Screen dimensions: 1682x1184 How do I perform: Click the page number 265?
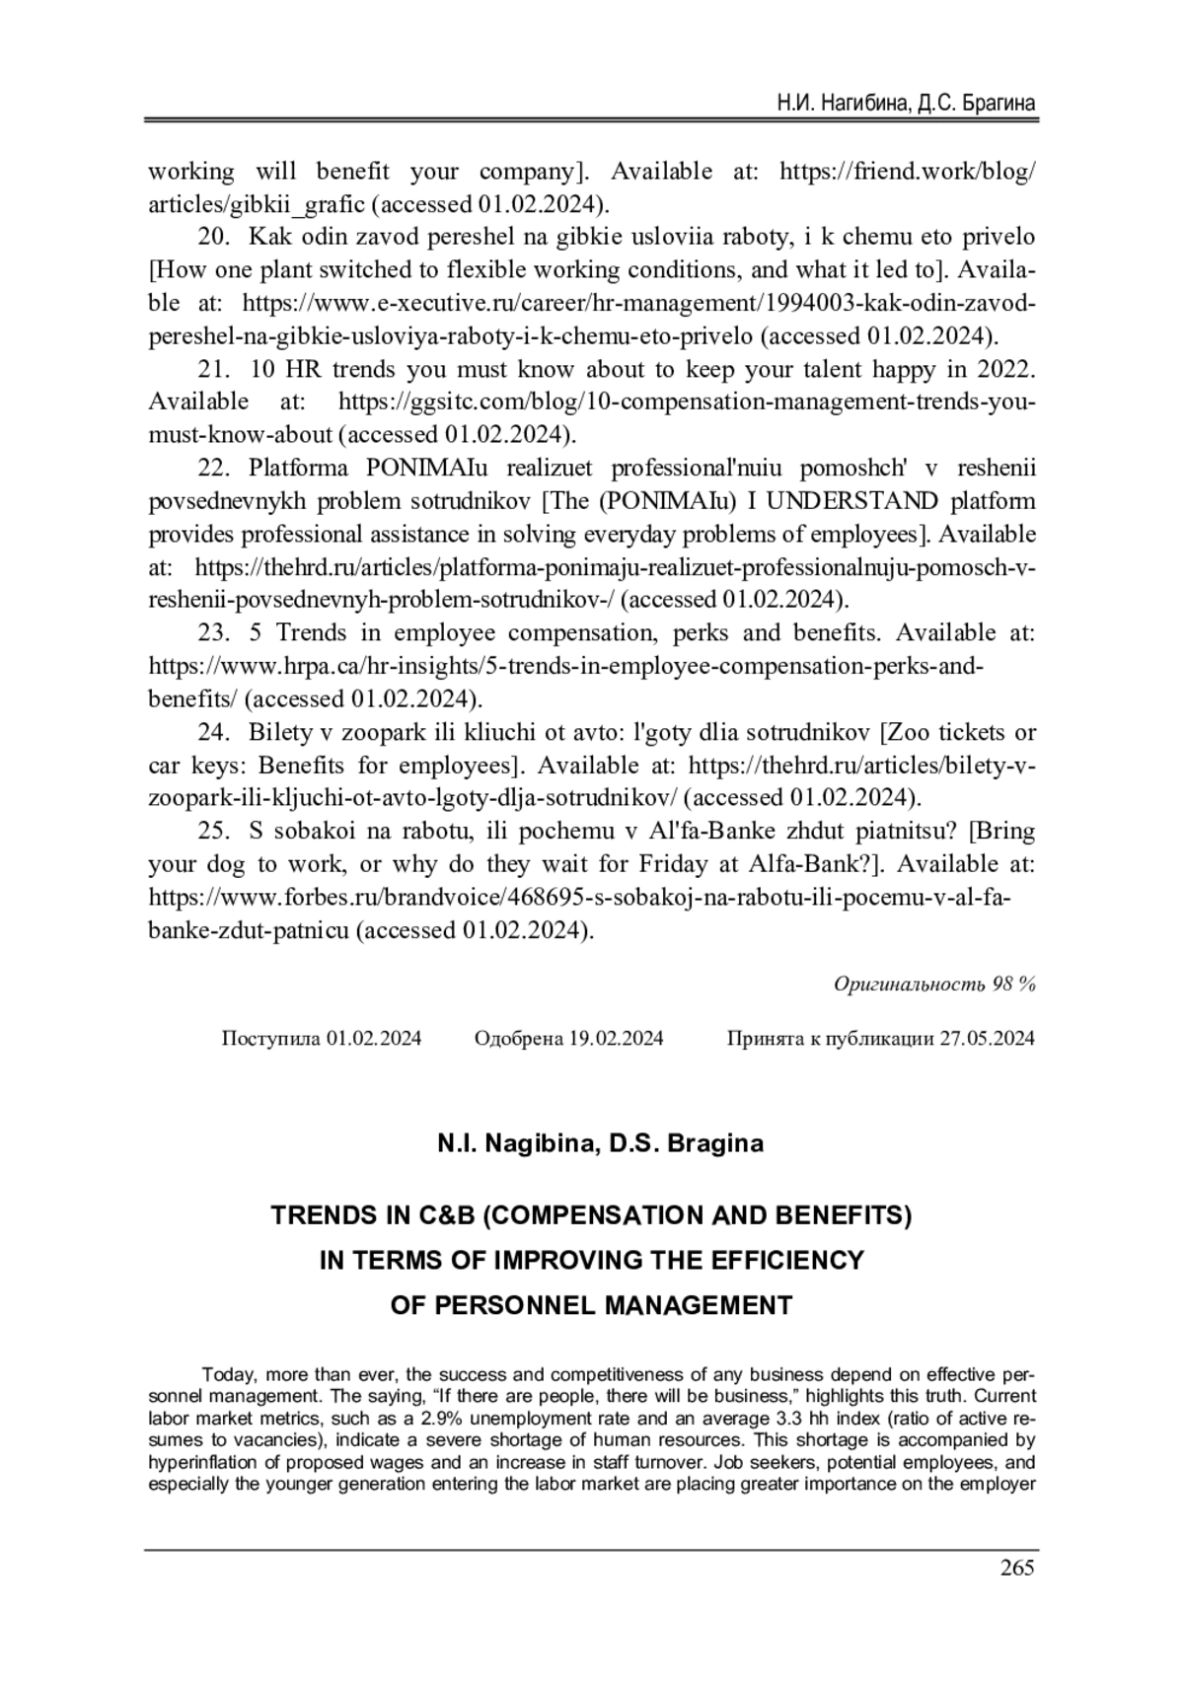[x=1016, y=1568]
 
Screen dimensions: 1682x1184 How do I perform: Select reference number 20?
[x=215, y=237]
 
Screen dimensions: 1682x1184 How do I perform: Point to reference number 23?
[x=215, y=632]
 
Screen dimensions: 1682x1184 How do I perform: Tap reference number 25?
[x=215, y=831]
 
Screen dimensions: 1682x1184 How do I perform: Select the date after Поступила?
[x=374, y=1038]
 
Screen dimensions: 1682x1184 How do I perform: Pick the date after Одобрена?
[x=616, y=1038]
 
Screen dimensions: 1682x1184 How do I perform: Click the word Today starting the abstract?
[x=226, y=1374]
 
